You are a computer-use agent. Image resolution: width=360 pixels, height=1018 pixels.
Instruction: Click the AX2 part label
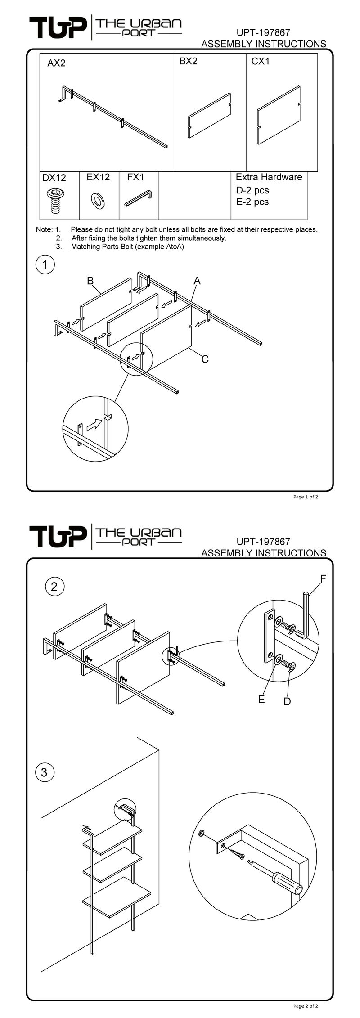point(56,63)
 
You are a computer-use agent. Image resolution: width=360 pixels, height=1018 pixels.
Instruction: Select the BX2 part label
point(188,61)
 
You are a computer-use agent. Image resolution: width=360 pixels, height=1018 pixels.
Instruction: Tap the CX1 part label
point(260,61)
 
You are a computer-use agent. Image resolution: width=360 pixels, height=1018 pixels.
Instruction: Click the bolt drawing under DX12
point(55,201)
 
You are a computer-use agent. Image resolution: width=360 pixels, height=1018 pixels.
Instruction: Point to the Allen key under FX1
point(139,198)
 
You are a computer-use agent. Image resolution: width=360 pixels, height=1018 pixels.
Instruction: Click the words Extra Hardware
point(269,177)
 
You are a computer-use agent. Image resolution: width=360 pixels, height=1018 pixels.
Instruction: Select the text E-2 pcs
point(252,202)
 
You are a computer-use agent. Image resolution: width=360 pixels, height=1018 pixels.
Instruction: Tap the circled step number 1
point(45,265)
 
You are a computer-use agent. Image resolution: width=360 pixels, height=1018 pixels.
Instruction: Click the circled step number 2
point(54,586)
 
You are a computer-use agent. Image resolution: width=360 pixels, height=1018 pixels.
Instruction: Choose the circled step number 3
point(44,772)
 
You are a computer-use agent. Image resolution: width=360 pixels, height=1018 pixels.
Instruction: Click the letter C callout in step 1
point(205,359)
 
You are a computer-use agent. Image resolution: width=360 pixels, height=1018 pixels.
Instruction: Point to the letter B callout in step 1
point(90,281)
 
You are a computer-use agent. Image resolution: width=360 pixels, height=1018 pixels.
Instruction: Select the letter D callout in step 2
point(287,701)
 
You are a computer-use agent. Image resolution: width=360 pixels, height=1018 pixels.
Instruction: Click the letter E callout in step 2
point(261,699)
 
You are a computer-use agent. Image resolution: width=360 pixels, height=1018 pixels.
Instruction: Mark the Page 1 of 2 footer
point(306,497)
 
